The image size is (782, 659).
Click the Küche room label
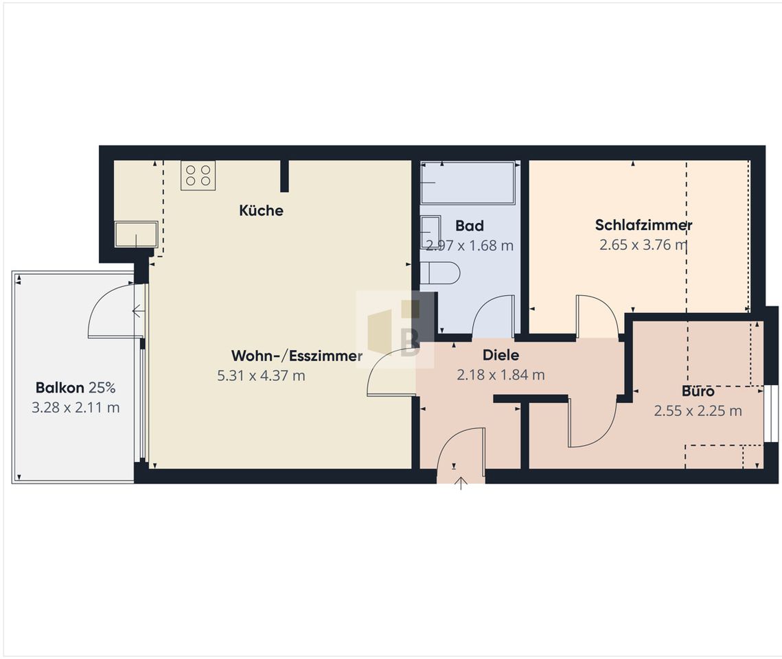(x=261, y=210)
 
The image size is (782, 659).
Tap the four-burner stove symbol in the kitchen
(x=198, y=175)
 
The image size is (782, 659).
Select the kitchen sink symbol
(x=136, y=234)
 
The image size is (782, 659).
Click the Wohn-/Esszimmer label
(x=297, y=356)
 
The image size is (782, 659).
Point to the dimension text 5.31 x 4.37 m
(x=261, y=375)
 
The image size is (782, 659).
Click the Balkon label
(x=60, y=387)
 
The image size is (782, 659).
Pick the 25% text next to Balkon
(x=102, y=387)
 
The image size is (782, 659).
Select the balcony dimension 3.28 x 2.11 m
(x=76, y=407)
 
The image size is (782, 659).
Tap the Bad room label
(x=470, y=226)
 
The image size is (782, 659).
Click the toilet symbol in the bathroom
(x=439, y=273)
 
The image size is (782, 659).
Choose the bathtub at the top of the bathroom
(x=468, y=183)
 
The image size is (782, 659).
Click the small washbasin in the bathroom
(x=430, y=232)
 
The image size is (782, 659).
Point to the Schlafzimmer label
(x=643, y=225)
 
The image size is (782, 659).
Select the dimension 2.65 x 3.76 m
(x=643, y=245)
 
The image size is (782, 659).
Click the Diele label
(x=501, y=355)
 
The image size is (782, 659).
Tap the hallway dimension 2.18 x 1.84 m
(x=501, y=374)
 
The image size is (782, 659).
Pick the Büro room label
(x=698, y=391)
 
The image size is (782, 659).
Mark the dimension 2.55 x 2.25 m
(x=698, y=411)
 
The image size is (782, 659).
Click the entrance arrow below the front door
(x=461, y=483)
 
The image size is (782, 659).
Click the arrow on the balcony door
(x=138, y=312)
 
